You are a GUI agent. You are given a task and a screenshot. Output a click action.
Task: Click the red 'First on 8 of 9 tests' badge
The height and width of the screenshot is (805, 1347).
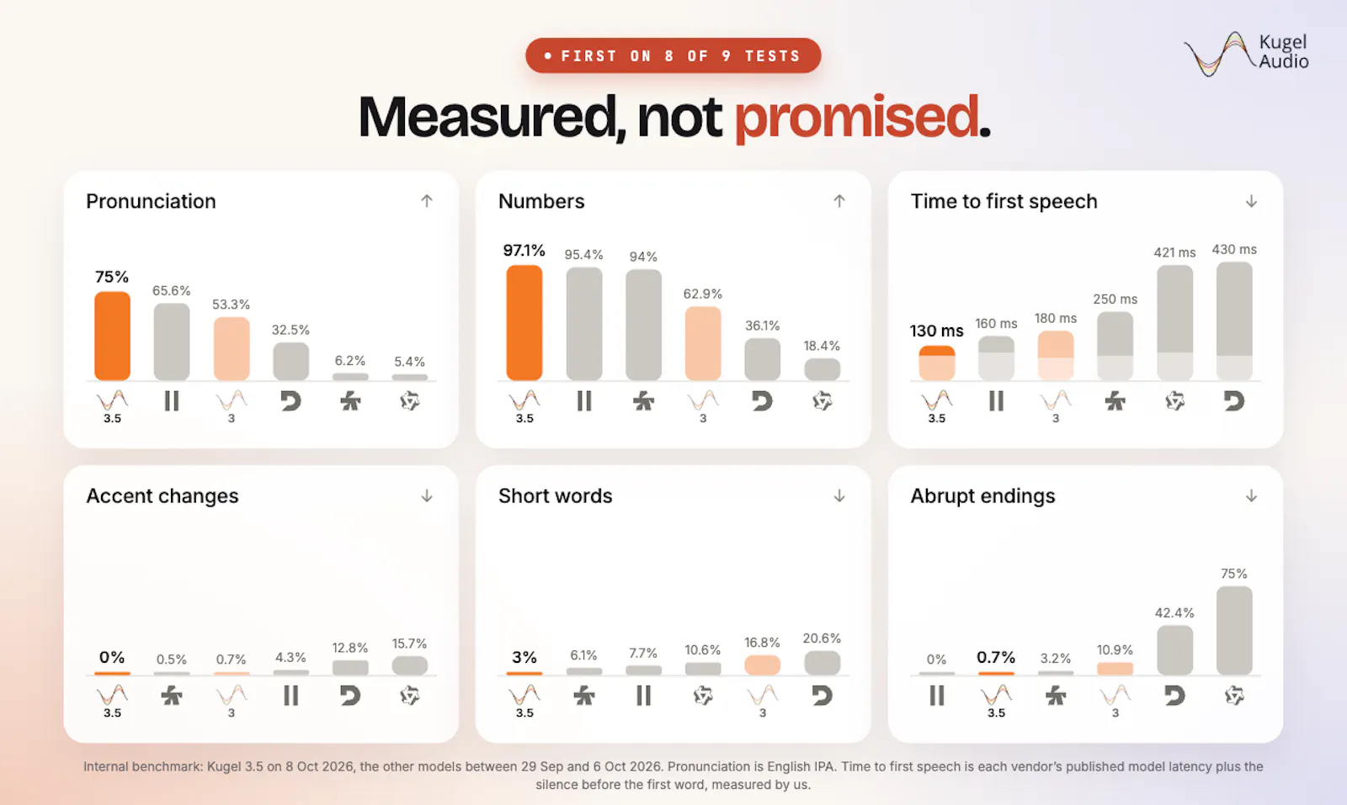673,56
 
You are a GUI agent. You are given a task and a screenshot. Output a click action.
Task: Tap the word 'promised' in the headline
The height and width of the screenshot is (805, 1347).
856,118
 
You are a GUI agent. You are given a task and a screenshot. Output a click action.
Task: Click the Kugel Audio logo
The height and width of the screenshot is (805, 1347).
1246,54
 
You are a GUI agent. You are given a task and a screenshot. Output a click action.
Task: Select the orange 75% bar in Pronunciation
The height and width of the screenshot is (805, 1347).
113,336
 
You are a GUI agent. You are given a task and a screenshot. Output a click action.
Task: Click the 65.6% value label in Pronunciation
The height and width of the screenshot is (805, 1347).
172,291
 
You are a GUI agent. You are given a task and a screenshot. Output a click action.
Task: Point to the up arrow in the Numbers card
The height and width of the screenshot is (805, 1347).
839,201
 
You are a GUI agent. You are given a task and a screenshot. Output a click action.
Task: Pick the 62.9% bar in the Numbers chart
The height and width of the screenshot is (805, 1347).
703,343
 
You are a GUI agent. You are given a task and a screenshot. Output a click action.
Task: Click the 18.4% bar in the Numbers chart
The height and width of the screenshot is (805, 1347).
822,369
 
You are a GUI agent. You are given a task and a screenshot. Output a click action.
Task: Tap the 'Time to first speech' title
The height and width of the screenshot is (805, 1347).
1004,201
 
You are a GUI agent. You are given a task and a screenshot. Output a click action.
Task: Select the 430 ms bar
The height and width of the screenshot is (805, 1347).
1234,320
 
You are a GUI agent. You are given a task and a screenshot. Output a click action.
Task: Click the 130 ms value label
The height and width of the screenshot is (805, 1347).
936,331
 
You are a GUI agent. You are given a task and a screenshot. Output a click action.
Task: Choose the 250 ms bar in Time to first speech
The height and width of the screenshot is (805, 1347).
1115,346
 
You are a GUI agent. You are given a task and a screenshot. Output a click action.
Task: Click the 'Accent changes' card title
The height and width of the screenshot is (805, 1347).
162,496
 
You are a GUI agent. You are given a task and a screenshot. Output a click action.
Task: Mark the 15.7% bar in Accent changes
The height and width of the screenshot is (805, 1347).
409,665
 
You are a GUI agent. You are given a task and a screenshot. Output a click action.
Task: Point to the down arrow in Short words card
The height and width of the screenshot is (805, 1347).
839,495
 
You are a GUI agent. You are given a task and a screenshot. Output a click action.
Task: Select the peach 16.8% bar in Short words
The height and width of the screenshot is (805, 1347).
762,665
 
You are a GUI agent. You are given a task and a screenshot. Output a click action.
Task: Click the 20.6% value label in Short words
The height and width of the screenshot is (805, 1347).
822,638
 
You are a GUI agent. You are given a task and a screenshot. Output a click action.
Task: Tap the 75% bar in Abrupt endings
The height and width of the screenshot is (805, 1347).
1234,631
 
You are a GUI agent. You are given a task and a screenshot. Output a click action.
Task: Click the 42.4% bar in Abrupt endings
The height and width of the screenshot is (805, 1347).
1174,650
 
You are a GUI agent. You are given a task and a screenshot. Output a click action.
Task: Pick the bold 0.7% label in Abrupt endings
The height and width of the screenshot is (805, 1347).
996,657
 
